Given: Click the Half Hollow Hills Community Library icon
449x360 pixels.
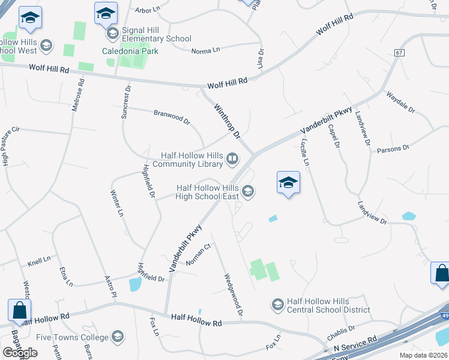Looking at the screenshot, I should pos(232,159).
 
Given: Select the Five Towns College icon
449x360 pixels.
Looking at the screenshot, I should pos(118,337).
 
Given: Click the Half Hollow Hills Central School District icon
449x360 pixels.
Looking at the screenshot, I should pos(277,305).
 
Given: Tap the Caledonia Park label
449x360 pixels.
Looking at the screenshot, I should pos(130,51).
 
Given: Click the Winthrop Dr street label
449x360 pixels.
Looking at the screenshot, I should pos(227,120).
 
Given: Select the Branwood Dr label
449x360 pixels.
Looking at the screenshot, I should pos(172,116).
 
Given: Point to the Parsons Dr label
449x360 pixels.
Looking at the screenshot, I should pos(393,148).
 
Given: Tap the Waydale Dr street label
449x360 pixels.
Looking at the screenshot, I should pos(400,102).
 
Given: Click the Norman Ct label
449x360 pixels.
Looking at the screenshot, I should pos(199,254).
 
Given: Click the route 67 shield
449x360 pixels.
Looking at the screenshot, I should pos(399,53).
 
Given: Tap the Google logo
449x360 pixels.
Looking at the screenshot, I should pos(20,352).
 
